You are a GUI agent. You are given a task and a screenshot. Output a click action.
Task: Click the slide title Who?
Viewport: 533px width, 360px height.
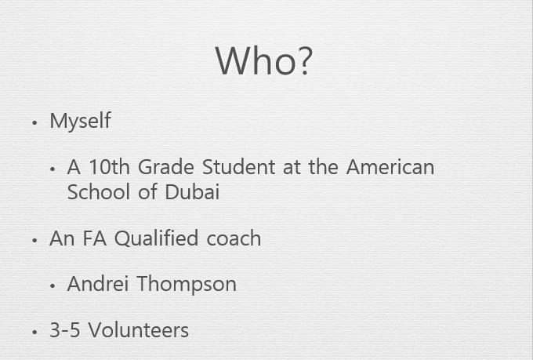pos(264,61)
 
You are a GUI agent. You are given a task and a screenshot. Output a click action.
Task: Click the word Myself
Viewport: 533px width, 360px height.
pos(80,121)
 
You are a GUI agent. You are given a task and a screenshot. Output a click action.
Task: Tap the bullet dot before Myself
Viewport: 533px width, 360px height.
pos(34,122)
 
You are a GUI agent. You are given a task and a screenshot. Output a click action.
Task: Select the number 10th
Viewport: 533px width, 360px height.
pos(109,167)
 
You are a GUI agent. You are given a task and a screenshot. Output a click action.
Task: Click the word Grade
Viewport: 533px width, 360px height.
pos(166,167)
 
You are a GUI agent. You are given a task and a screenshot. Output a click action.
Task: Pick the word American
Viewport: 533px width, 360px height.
pos(390,167)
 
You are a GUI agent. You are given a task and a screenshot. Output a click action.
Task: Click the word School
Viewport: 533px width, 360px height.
pos(99,191)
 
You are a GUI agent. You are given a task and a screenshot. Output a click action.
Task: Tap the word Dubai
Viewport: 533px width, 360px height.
pos(192,191)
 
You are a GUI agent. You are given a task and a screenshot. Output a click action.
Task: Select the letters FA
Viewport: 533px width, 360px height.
pos(95,238)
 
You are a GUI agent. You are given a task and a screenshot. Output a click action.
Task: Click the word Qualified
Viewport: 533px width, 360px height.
pos(156,238)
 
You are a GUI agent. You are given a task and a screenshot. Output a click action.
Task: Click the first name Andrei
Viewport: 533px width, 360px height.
pos(98,283)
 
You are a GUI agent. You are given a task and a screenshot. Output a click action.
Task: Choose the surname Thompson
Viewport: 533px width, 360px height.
pos(187,284)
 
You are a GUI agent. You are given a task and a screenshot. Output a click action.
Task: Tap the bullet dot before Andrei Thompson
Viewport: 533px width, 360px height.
pos(52,285)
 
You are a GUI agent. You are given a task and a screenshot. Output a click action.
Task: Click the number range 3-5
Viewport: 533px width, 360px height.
pos(65,330)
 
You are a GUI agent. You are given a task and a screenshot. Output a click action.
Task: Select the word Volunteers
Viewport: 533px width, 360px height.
pos(139,330)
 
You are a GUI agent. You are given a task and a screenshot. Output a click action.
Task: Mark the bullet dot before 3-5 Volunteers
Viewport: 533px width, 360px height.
pos(34,332)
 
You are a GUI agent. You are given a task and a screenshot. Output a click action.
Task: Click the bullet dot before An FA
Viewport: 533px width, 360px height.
pos(34,240)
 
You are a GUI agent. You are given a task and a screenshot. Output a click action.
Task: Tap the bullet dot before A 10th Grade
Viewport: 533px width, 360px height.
pos(52,169)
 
